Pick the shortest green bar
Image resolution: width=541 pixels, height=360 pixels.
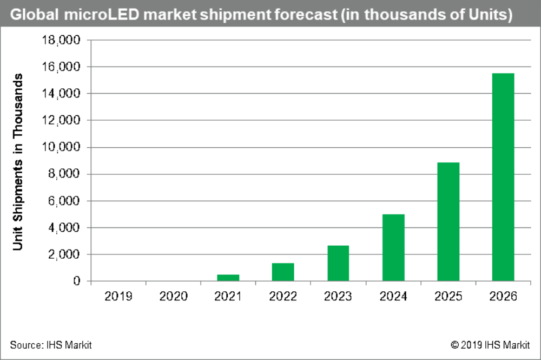point(228,277)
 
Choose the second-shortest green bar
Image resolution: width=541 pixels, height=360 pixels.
point(283,271)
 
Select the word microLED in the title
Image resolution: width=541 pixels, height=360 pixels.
point(91,15)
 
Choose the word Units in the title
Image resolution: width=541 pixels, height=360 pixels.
point(490,15)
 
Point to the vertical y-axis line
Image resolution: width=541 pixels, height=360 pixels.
point(91,162)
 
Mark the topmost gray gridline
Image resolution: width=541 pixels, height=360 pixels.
point(308,40)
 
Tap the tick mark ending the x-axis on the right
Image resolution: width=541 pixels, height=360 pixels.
point(530,283)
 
